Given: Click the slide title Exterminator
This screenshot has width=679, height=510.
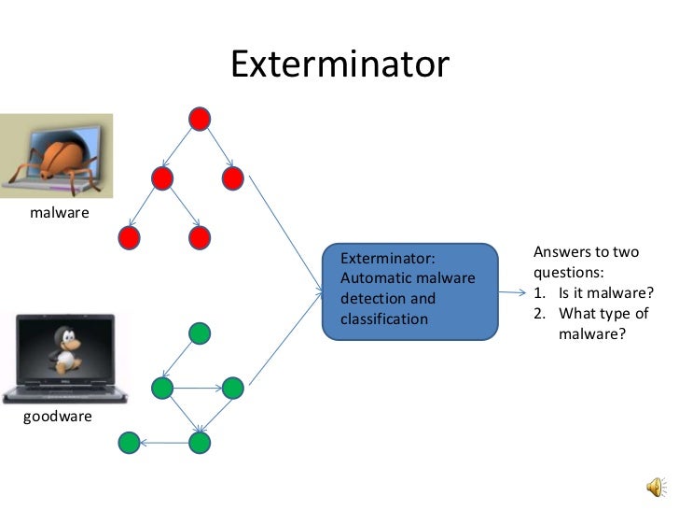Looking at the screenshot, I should [x=339, y=64].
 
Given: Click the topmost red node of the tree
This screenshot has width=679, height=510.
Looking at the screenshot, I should [x=199, y=119].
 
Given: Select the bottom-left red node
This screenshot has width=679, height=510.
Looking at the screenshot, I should [x=130, y=238].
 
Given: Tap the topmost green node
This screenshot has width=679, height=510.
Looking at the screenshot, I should [x=199, y=333].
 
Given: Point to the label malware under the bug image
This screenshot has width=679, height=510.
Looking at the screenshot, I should [x=60, y=213].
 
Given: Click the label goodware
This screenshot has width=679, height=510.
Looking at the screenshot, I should [x=58, y=416].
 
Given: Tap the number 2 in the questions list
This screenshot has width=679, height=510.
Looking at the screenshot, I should [x=540, y=313].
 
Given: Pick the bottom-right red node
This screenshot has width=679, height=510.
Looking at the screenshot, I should [x=199, y=238].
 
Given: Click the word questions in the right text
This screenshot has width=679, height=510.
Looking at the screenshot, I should [x=568, y=273].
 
